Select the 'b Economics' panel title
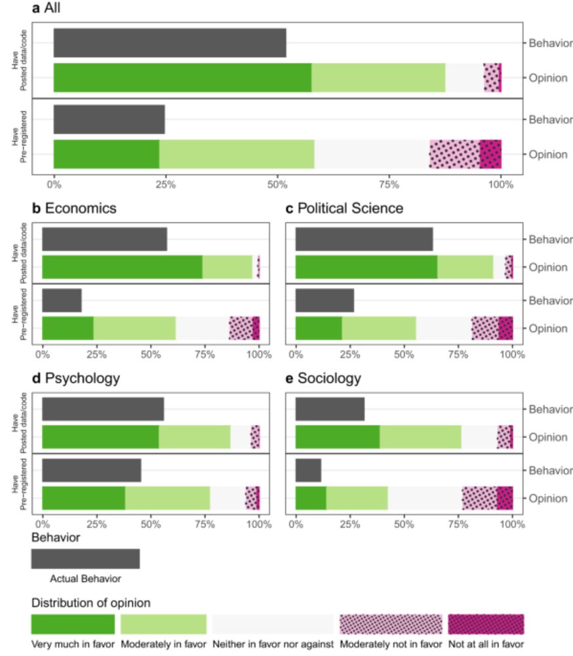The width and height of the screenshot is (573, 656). [75, 209]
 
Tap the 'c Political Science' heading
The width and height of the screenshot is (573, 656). [344, 209]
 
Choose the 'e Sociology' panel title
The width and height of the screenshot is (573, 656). [329, 379]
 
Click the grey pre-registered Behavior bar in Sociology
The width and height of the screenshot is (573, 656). [308, 470]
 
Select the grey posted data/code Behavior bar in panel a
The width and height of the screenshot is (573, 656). [170, 43]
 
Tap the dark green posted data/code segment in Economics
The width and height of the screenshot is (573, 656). [122, 268]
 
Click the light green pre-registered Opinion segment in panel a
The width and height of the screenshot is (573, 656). [237, 154]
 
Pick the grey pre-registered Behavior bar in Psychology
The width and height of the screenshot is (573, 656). [91, 470]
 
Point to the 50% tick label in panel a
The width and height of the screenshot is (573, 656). [277, 184]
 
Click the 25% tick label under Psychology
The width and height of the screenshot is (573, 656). [96, 524]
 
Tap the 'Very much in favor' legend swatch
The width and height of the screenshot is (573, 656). [73, 623]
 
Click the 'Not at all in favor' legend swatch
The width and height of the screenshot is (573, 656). [486, 623]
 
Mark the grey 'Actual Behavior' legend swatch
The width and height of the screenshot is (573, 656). [85, 558]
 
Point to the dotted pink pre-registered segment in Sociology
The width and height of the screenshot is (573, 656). [479, 498]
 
